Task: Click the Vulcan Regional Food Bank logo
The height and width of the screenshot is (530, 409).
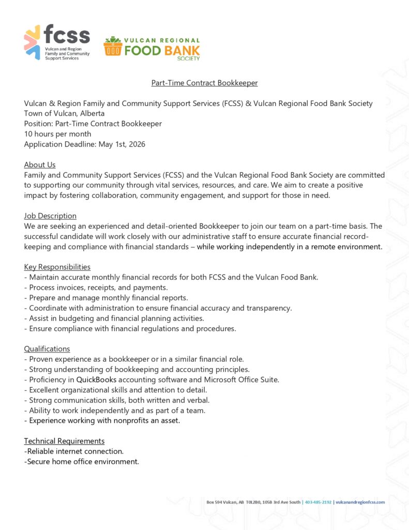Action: point(152,49)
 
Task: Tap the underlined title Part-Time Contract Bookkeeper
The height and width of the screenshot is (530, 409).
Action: point(204,83)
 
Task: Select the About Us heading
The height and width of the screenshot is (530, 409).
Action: point(40,165)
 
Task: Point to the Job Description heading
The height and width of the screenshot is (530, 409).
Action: point(50,216)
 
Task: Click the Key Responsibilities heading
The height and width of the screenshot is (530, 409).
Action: point(57,267)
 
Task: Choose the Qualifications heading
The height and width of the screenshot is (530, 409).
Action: point(47,349)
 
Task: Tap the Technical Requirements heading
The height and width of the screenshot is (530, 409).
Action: point(64,441)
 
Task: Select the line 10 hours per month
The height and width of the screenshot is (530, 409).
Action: point(57,134)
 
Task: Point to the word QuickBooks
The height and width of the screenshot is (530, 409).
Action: point(97,379)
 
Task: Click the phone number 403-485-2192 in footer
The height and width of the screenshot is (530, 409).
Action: point(318,502)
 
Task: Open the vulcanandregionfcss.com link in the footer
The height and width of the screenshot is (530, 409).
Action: point(360,502)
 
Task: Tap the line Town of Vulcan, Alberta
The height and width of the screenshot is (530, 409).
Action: point(64,113)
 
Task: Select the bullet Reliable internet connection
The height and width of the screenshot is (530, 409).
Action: point(74,451)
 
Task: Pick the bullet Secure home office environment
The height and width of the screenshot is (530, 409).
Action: point(82,462)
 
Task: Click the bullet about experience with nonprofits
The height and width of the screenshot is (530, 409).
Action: point(102,420)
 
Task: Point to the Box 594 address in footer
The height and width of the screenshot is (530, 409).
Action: point(253,502)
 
